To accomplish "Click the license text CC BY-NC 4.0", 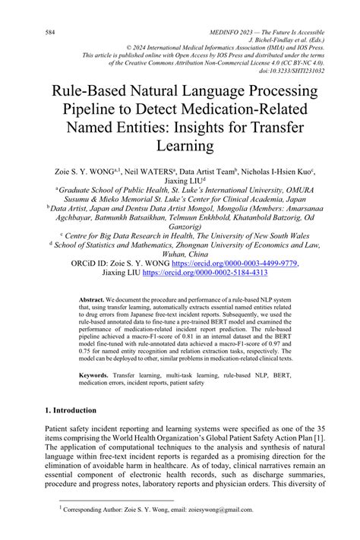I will tap(286, 64).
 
